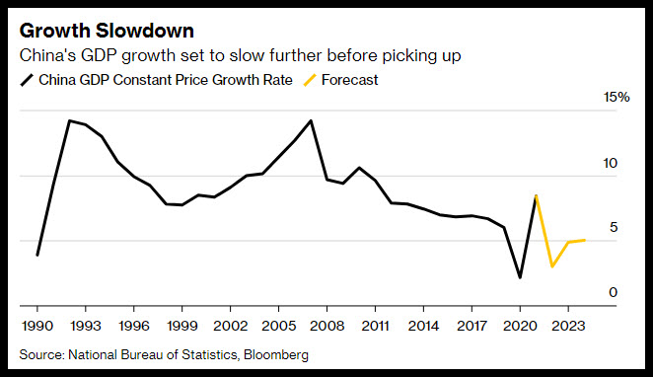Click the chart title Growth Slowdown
click(107, 31)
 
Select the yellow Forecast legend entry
click(340, 80)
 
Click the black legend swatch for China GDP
click(27, 80)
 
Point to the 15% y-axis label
click(617, 97)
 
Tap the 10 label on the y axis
click(611, 163)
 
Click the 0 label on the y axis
click(613, 292)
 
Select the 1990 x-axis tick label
click(37, 326)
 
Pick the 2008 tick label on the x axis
click(326, 326)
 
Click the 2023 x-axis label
click(568, 326)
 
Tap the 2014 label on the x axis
click(423, 326)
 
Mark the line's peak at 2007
click(311, 120)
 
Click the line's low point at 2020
click(520, 277)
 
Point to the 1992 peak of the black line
click(70, 120)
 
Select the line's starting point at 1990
click(37, 255)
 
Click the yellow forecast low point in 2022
click(552, 266)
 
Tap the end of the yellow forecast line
click(585, 240)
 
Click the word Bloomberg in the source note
click(276, 355)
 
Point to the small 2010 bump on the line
click(359, 168)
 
